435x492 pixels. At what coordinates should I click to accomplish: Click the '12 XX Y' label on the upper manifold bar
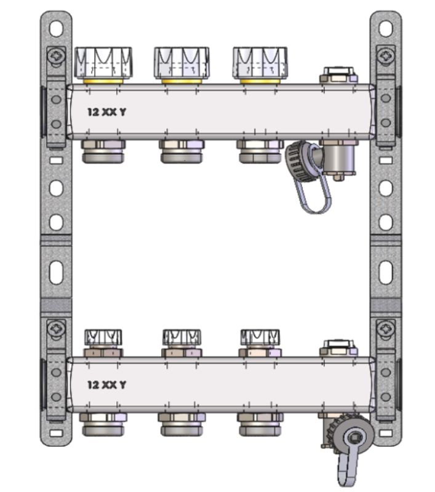[106, 112]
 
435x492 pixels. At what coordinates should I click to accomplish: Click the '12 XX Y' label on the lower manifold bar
[106, 385]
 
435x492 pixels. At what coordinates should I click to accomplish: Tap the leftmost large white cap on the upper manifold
[103, 63]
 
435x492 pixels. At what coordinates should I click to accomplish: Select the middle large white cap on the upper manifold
[182, 63]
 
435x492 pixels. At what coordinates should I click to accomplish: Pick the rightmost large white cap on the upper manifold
[260, 63]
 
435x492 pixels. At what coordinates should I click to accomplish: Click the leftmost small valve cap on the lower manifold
[103, 338]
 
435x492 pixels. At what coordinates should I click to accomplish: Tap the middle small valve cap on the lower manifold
[182, 338]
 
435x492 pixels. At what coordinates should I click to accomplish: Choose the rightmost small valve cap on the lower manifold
[260, 338]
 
